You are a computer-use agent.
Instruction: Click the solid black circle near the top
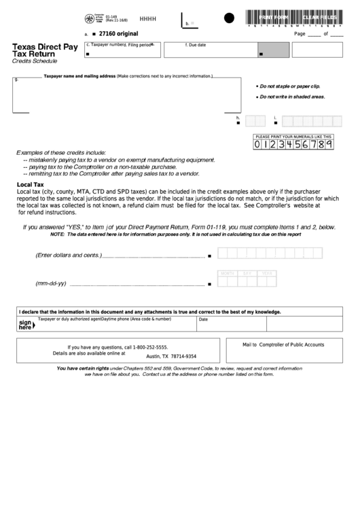229,18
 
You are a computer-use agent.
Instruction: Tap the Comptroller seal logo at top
90,18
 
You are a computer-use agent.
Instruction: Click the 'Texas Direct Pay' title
45,47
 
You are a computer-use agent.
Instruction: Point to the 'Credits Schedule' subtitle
35,61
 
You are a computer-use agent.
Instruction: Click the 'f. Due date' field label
196,45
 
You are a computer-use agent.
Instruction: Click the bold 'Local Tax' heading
30,184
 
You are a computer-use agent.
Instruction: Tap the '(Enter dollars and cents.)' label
68,256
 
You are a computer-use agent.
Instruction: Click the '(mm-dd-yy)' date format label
50,283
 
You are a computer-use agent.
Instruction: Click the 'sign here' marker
26,324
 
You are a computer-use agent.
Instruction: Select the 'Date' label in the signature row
203,319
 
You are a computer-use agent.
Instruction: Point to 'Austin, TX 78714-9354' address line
171,356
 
